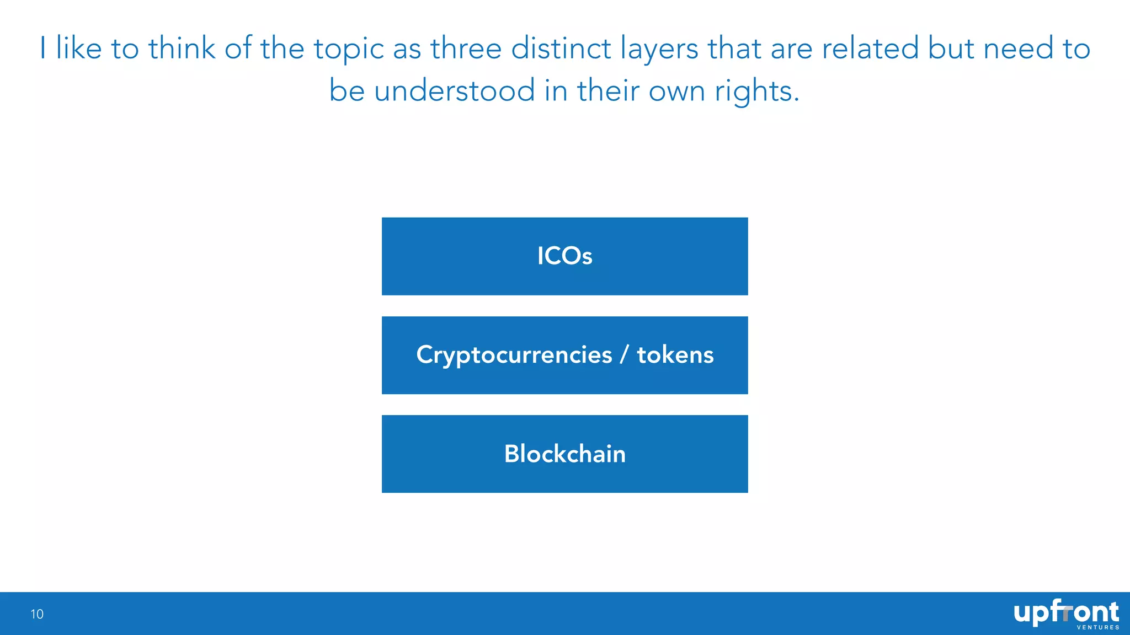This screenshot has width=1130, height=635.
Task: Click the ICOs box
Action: coord(564,256)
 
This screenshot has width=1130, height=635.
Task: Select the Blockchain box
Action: coord(564,454)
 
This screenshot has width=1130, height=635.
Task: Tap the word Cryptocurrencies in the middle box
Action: coord(514,355)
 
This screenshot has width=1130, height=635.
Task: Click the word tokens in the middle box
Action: coord(675,355)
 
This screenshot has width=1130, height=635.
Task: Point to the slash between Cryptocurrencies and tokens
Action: coord(624,355)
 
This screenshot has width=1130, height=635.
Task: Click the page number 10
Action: coord(37,614)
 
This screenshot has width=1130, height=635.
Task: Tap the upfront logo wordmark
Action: coord(1065,612)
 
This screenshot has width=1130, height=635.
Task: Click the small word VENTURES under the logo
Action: coord(1098,627)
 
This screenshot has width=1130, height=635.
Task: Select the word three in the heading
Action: coord(466,48)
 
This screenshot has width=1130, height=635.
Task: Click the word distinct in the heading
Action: coord(561,48)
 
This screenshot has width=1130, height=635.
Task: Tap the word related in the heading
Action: coord(870,48)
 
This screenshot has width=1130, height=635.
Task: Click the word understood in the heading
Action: coord(455,90)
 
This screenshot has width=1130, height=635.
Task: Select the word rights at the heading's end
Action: coord(755,92)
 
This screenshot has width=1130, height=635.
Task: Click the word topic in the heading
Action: coord(348,49)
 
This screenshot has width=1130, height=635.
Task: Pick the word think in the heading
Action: coord(182,48)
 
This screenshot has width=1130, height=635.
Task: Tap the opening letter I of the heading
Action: coord(43,48)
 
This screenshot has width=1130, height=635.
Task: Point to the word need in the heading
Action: coord(1019,48)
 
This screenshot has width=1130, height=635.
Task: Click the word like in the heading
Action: coord(79,48)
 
